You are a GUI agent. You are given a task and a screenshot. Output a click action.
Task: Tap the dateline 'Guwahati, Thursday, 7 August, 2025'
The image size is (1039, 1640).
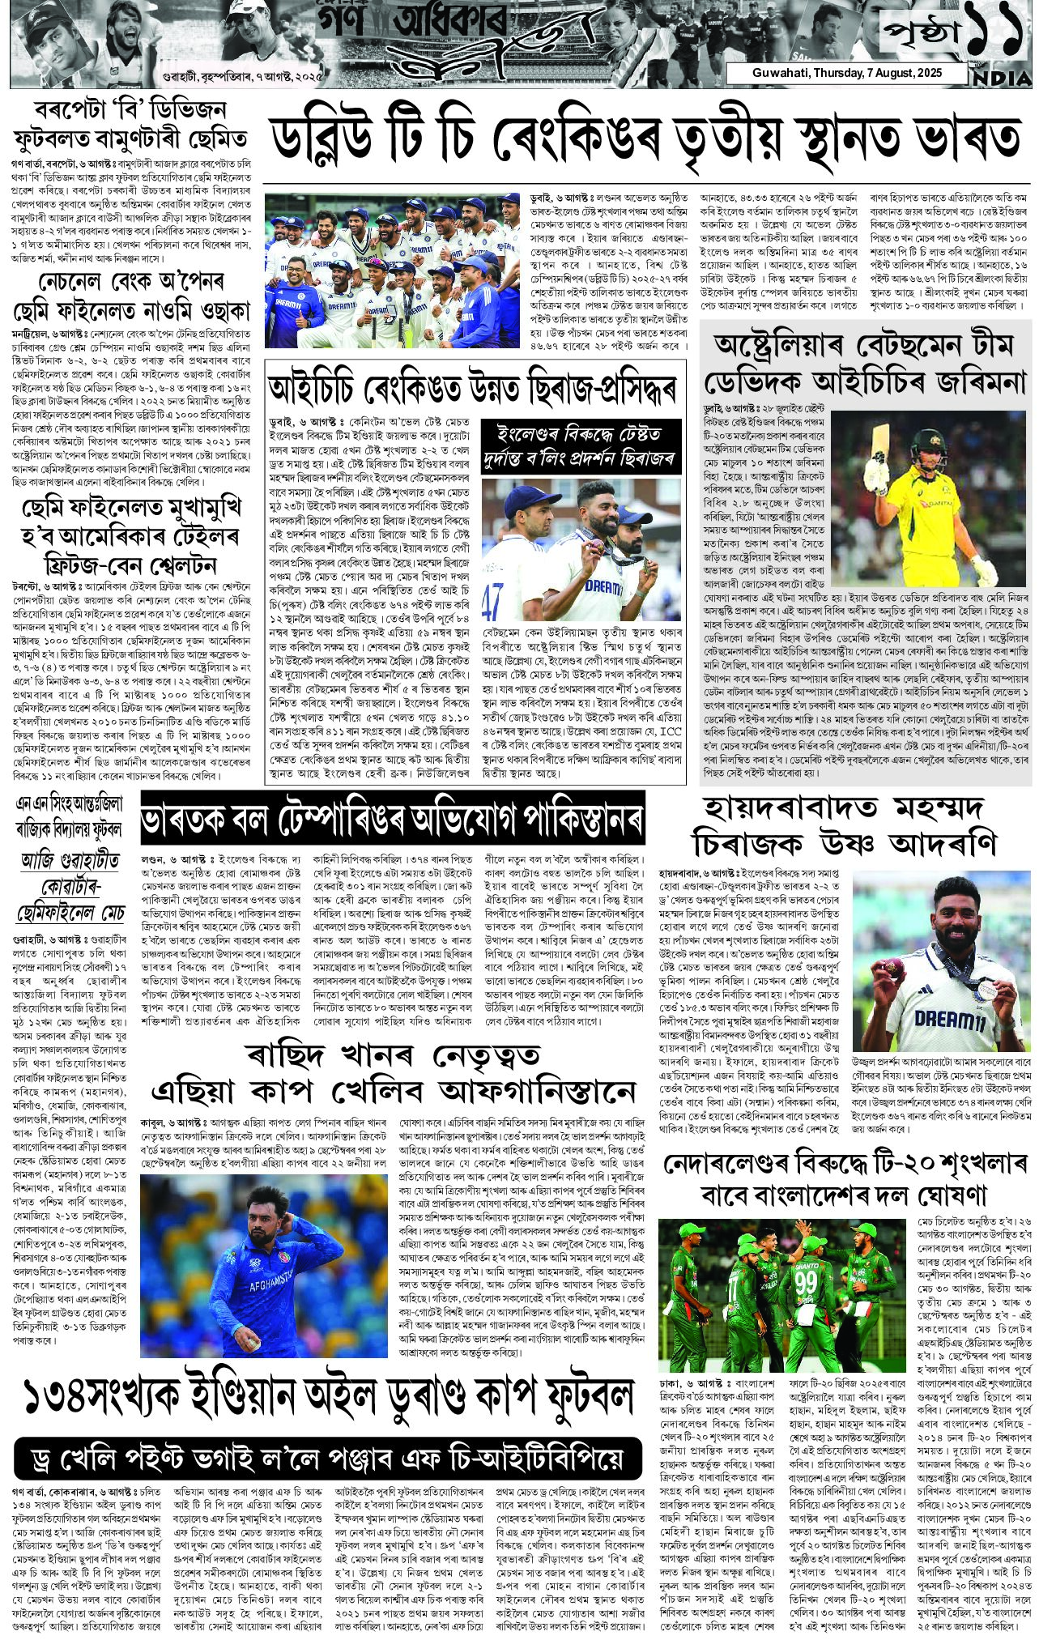845,74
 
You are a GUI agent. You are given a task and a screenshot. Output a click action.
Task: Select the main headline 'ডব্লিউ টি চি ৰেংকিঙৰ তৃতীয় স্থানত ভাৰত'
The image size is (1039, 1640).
645,141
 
